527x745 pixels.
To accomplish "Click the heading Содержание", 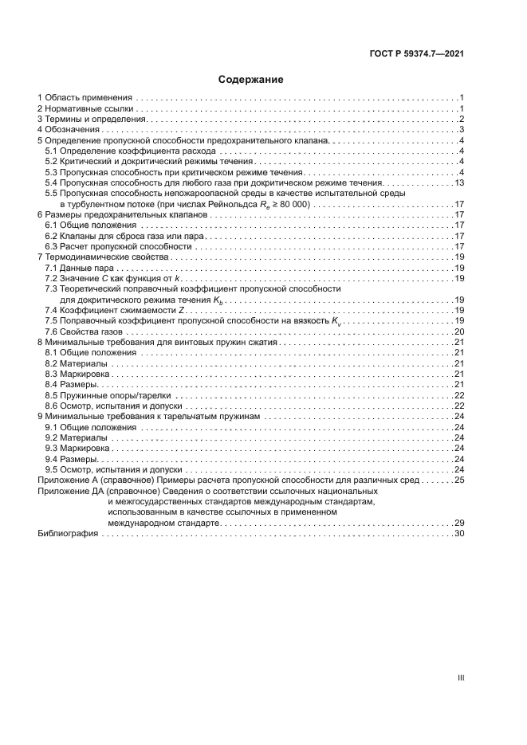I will click(251, 80).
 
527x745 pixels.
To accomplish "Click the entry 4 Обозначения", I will click(68, 129).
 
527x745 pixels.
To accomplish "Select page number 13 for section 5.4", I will click(459, 183).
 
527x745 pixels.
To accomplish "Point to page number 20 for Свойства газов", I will click(459, 331).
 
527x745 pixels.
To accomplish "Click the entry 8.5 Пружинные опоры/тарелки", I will click(108, 395).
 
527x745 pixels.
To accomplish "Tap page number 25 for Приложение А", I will click(459, 480).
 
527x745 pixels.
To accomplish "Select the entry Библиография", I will click(67, 534).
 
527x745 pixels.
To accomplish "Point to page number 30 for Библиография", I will click(459, 534).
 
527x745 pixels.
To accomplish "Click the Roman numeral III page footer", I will click(460, 678).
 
